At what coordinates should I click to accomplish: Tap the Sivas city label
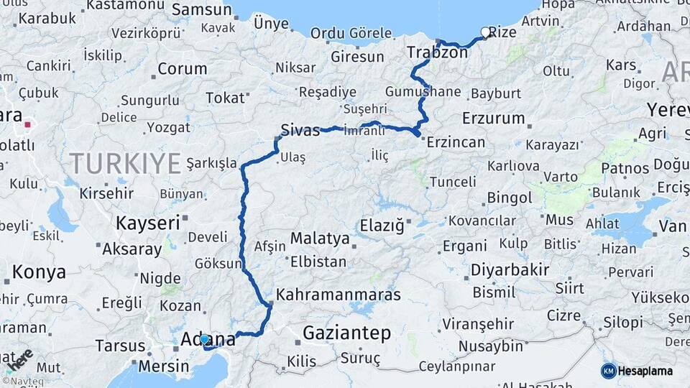click(300, 130)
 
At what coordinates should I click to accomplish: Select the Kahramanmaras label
click(338, 295)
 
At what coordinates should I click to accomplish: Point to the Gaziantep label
click(346, 333)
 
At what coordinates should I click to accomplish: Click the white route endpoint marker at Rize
click(485, 32)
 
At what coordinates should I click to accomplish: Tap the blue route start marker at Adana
click(204, 338)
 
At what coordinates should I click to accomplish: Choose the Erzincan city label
click(455, 142)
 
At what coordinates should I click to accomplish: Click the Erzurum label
click(494, 118)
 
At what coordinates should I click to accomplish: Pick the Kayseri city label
click(148, 223)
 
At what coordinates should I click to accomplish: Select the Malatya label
click(321, 239)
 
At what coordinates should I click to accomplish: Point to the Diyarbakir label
click(510, 270)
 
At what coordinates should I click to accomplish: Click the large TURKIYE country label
click(125, 164)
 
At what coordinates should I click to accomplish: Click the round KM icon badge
click(609, 371)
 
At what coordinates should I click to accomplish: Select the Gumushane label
click(423, 92)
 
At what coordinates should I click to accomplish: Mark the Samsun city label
click(202, 10)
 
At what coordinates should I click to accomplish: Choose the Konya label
click(40, 272)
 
